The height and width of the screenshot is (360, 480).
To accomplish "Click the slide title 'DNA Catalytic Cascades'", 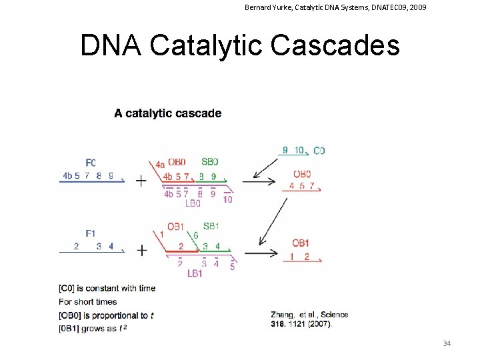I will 239,45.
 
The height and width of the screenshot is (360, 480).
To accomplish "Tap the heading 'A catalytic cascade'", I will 167,113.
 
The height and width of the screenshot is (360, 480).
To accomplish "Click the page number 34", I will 447,343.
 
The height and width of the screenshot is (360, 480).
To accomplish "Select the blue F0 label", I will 91,163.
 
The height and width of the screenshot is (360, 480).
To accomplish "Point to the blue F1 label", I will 91,233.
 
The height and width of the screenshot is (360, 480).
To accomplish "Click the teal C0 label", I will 319,151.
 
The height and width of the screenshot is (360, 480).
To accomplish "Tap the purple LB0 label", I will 193,203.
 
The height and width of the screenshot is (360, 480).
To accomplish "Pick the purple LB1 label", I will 195,273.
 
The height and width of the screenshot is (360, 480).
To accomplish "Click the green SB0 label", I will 209,162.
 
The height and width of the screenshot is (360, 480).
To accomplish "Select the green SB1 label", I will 211,226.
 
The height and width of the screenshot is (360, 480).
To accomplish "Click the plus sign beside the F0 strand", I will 141,181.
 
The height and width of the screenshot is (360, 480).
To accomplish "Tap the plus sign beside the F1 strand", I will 141,250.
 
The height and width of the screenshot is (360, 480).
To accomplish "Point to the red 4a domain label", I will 160,165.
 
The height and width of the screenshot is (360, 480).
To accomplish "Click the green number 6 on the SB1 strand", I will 195,235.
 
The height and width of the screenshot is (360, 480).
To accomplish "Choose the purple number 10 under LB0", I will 227,199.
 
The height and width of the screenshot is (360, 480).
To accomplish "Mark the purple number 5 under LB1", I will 232,267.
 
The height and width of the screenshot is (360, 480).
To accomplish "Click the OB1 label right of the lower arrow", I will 301,243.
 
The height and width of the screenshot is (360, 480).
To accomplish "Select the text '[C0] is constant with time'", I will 107,288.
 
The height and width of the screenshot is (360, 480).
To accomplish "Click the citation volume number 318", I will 279,323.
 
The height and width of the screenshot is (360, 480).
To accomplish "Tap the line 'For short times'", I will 87,302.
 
